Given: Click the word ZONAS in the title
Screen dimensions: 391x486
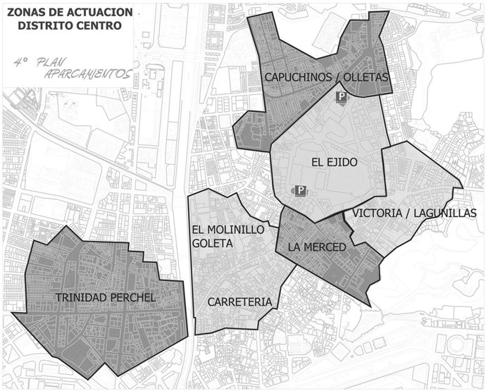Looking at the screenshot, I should (x=25, y=11).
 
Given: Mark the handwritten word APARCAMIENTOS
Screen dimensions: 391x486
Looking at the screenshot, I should (x=87, y=73).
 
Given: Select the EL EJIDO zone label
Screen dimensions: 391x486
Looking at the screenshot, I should (x=334, y=162).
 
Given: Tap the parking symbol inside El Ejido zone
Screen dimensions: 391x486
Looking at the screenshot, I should (x=300, y=191).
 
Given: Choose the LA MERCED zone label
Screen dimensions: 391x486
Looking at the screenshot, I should (x=317, y=247).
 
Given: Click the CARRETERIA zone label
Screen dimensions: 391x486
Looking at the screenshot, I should (x=239, y=302).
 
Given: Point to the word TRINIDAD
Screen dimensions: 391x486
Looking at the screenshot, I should (x=83, y=298).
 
